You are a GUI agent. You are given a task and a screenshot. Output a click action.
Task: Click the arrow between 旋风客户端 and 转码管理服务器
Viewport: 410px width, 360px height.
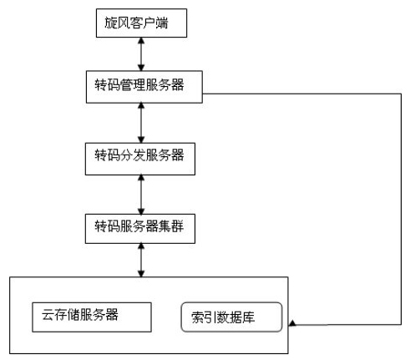coord(141,54)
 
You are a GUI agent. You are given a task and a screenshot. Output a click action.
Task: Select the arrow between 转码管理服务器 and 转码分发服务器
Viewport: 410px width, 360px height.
coord(141,123)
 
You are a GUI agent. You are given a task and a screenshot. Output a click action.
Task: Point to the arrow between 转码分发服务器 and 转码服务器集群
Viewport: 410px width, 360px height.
coord(141,195)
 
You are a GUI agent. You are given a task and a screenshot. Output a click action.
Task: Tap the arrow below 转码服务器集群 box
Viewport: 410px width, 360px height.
coord(141,260)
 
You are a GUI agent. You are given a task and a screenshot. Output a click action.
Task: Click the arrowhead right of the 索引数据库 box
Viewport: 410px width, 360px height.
coord(292,323)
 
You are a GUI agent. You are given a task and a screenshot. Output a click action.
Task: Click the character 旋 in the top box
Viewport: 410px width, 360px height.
coord(111,23)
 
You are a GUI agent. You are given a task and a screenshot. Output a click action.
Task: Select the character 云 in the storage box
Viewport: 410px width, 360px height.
coord(48,315)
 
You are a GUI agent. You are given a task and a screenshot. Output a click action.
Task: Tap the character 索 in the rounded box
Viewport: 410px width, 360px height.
coord(198,317)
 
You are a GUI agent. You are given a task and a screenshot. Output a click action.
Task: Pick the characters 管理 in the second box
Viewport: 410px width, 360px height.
coord(133,84)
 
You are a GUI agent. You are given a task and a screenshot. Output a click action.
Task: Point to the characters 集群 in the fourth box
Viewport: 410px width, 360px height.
coord(171,226)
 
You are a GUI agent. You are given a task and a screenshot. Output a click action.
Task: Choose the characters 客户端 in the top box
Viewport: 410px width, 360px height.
coord(149,23)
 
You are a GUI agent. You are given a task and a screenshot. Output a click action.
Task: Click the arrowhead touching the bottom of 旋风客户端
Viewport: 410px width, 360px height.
coord(141,41)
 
